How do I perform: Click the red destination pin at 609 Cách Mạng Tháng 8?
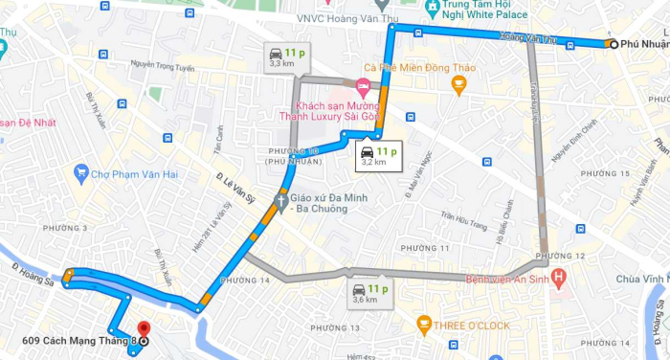[143, 328]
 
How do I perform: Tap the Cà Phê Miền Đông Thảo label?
[419, 67]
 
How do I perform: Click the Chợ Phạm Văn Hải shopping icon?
[81, 174]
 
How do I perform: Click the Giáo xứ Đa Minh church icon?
[281, 201]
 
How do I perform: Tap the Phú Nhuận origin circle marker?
[612, 44]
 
